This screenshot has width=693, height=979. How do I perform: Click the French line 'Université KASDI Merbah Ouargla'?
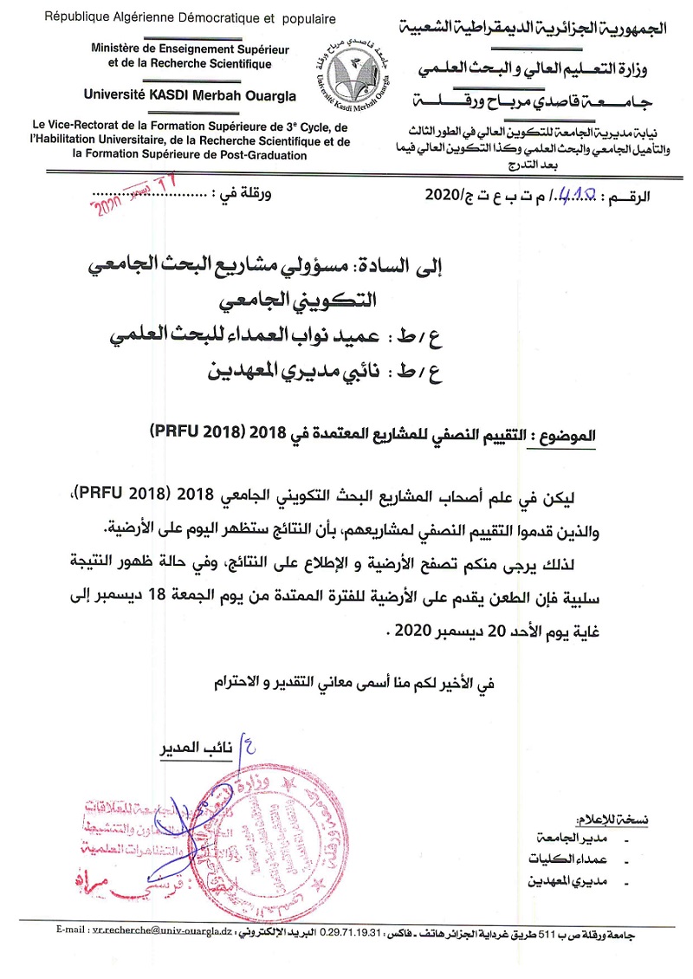click(190, 95)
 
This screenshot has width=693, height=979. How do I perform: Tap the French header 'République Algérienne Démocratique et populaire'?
click(165, 16)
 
